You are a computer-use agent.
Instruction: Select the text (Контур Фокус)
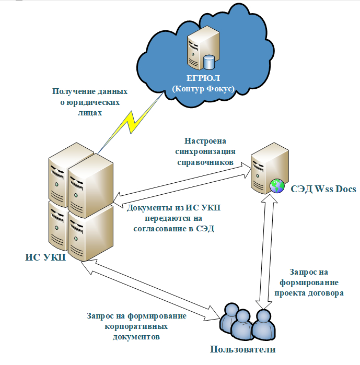[203, 89]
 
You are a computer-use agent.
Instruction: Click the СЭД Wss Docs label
[323, 189]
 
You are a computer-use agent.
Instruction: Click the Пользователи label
[242, 349]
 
